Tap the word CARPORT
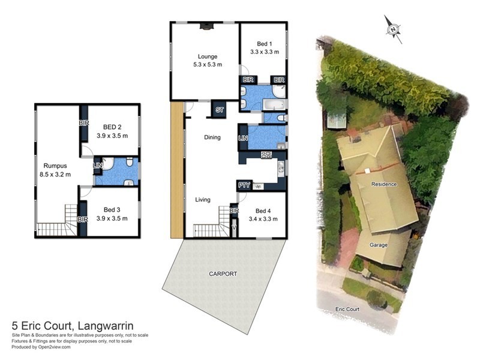coord(223,274)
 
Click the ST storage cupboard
coord(219,110)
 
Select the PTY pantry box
coord(244,186)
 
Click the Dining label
coord(212,137)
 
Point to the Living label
coord(203,200)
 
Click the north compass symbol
coord(394,28)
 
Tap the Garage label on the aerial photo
coord(379,245)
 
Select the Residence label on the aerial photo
coord(384,184)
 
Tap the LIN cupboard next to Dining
coord(243,138)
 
